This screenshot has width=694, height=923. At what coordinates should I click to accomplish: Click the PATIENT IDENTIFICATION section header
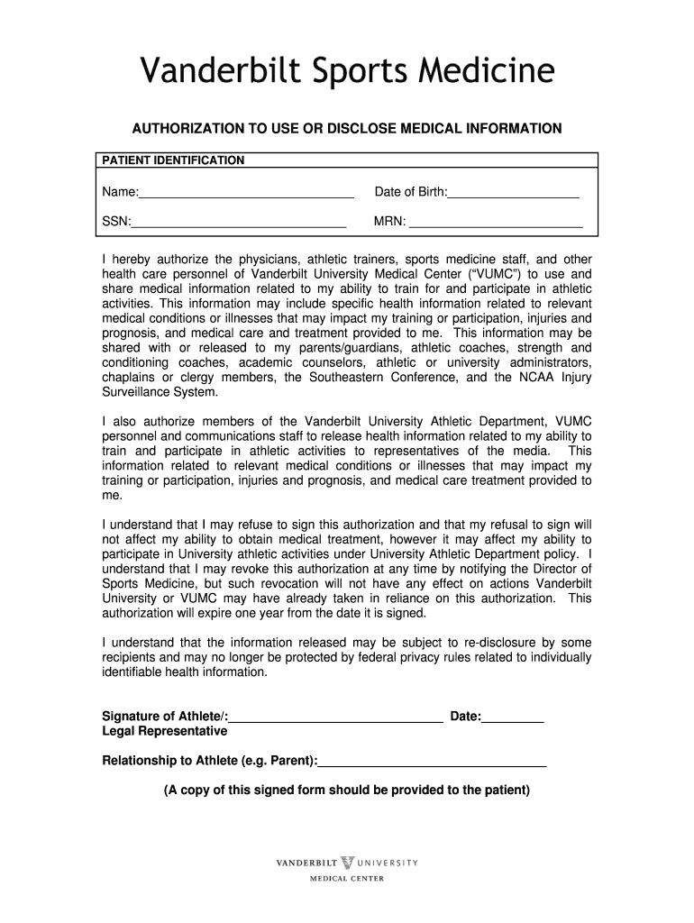172,160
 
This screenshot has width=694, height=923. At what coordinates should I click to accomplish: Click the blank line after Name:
246,193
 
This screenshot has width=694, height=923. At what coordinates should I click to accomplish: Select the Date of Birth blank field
513,193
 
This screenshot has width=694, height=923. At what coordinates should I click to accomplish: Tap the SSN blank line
239,222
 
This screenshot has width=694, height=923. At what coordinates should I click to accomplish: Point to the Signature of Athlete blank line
335,717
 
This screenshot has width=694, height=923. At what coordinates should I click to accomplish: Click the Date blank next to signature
513,717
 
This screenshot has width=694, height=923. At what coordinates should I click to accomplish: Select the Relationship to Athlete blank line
433,761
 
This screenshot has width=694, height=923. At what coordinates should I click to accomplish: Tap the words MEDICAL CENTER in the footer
347,879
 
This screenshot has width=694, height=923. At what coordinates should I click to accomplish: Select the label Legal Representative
164,731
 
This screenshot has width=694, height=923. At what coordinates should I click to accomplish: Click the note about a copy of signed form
347,790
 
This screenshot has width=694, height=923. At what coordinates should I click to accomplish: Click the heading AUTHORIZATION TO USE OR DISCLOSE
347,129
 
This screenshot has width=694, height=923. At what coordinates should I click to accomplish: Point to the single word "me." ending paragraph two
111,495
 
